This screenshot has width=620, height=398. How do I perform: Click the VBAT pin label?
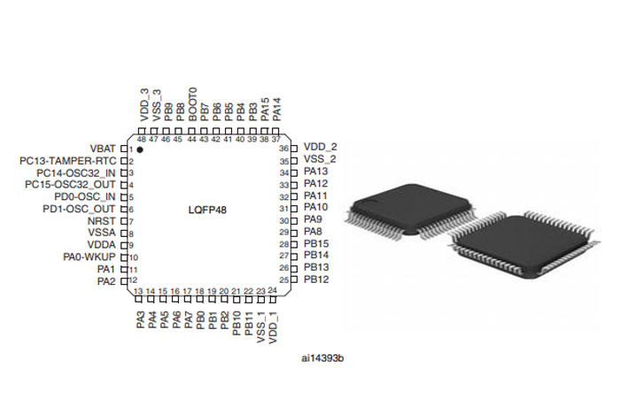point(104,148)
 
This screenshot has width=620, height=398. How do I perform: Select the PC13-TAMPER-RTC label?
point(67,160)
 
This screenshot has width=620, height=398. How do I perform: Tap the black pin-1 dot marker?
point(140,151)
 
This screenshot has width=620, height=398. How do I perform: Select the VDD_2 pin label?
point(320,147)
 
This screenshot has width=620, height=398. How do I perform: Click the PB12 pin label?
point(316,279)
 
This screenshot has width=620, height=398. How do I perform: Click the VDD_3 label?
point(143,104)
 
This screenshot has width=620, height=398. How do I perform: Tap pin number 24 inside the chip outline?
point(273,290)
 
